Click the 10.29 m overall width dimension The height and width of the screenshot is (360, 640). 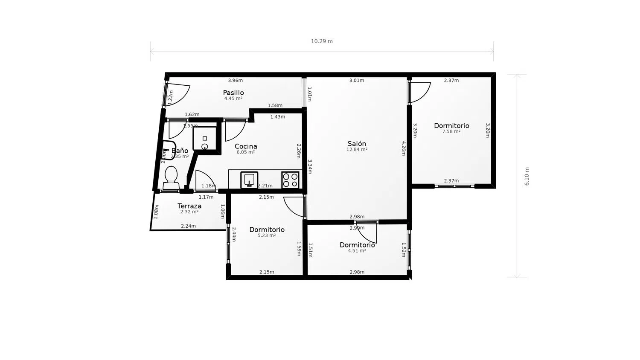pos(322,41)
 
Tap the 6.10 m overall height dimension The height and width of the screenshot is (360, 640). pos(527,176)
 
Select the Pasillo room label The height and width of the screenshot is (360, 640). pos(233,93)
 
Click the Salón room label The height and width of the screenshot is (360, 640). pos(357,144)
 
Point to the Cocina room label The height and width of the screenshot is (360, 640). pos(246,146)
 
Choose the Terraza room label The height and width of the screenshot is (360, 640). pos(189,206)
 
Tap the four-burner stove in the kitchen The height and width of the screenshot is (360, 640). pos(290,180)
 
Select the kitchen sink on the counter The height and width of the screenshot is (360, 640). pos(249,180)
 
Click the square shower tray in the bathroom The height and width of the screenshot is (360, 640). pos(205,139)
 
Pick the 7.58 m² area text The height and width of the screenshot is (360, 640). pos(451,132)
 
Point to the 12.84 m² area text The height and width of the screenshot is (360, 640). pos(357,150)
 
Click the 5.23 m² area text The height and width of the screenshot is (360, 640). pos(267,235)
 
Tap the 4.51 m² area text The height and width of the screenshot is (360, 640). pos(357,251)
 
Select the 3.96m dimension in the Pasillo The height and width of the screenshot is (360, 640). pos(235,80)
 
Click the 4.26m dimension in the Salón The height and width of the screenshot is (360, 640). pos(404,148)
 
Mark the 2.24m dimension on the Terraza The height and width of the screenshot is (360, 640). pos(188,226)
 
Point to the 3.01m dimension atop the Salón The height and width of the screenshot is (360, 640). pos(357,80)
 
